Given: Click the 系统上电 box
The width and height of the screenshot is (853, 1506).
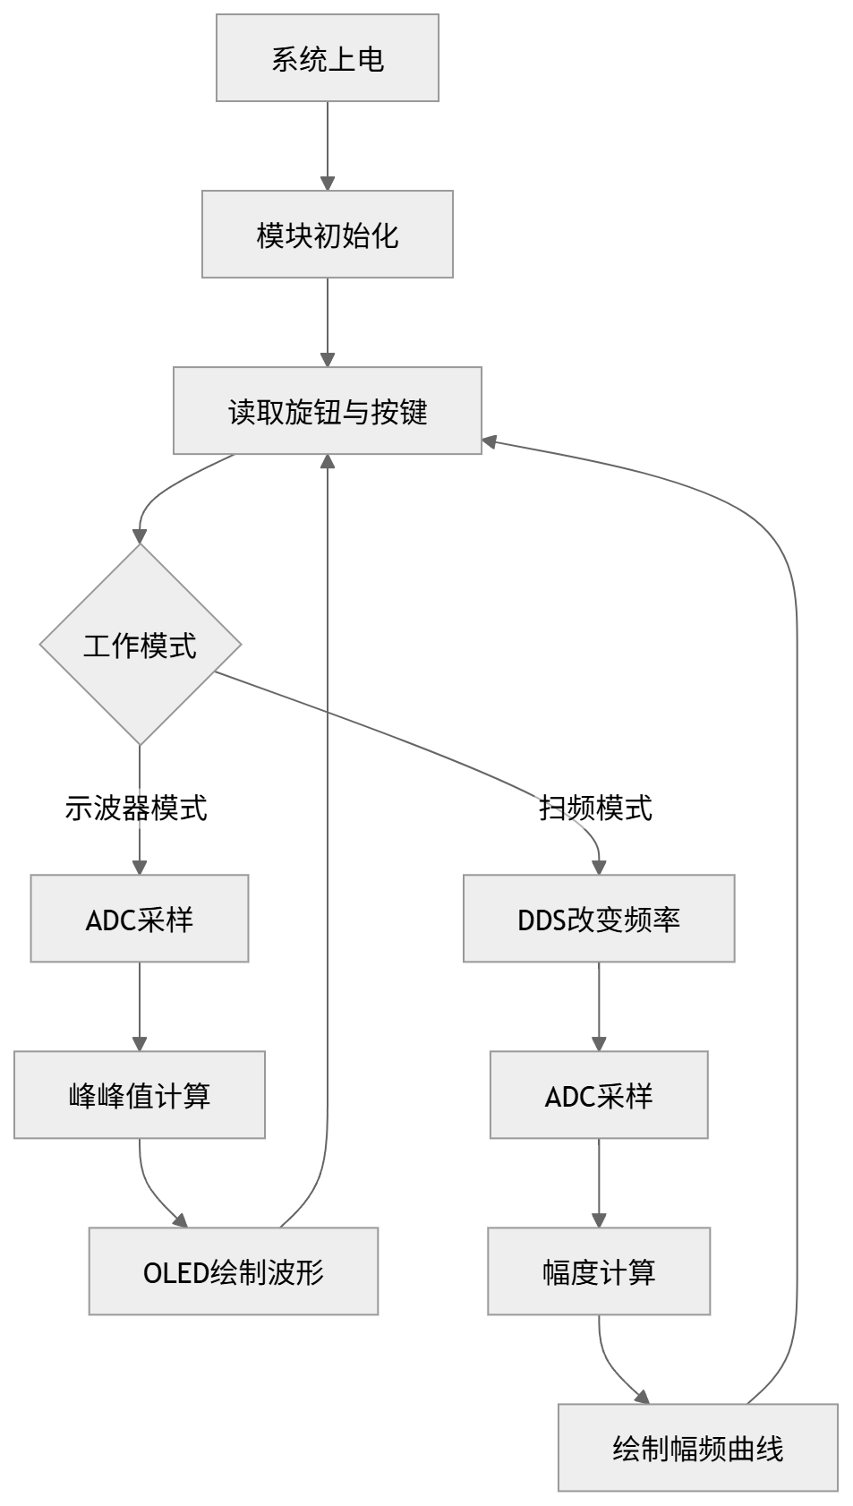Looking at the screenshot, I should (x=328, y=58).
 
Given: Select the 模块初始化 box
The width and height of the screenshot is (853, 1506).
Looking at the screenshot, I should (x=328, y=235).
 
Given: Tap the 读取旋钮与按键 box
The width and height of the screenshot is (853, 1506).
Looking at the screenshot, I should (x=328, y=411).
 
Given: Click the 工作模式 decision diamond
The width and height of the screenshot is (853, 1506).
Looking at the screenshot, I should (x=141, y=645).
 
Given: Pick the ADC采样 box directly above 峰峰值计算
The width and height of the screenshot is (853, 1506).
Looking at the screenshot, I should (x=140, y=919).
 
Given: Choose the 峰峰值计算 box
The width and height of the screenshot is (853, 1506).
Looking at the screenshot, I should (x=140, y=1095).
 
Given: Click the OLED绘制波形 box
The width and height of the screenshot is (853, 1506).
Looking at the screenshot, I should (x=234, y=1271).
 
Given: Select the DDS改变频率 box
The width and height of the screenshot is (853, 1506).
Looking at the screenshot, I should (x=599, y=919).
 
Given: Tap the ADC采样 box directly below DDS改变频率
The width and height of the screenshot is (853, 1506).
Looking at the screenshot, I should (x=599, y=1095).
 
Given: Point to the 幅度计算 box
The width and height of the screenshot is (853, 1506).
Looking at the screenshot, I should (x=599, y=1271).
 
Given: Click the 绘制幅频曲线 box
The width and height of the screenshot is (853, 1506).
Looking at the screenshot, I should (x=698, y=1448).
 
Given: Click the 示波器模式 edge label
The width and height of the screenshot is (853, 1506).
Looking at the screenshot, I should (x=136, y=809).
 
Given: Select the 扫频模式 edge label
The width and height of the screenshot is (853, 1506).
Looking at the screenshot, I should (x=595, y=809).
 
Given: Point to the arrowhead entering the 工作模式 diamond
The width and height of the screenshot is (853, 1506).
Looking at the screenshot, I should (x=140, y=536).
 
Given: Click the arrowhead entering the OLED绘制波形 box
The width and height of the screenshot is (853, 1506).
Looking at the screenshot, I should (x=181, y=1220).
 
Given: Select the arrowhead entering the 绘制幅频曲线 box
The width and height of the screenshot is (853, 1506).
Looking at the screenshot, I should (x=642, y=1397).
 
